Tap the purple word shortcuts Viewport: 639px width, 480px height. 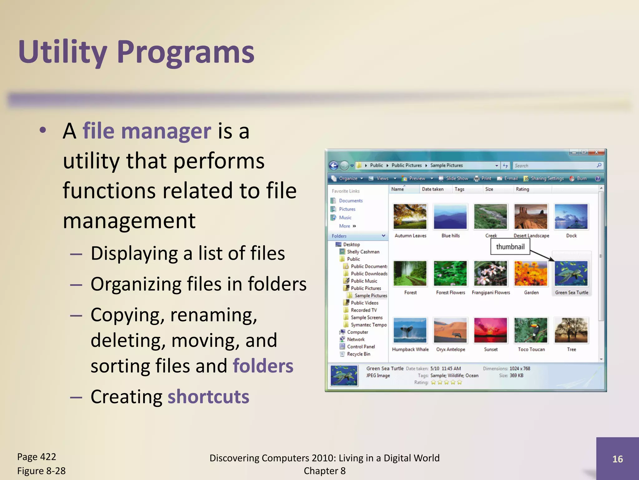coord(208,397)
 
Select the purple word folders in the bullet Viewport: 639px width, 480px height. coord(263,366)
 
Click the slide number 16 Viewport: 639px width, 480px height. coord(617,459)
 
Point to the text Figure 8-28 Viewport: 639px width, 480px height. coord(41,471)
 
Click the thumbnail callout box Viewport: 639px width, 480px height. coord(510,247)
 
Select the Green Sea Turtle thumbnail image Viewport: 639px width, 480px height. coord(571,273)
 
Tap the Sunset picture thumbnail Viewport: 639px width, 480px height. coord(490,330)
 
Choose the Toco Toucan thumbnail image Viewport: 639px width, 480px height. coord(531,330)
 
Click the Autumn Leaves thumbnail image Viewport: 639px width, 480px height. coord(410,217)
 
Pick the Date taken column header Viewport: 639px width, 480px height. coord(432,189)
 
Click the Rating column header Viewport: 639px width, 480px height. coord(522,189)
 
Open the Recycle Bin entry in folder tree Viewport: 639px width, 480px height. coord(358,354)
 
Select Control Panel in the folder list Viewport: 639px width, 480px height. coord(361,347)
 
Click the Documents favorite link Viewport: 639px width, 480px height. coord(351,201)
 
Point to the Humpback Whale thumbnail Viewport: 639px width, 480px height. coord(410,330)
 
